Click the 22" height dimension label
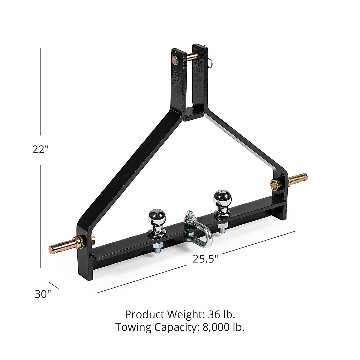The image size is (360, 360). pyautogui.click(x=41, y=149)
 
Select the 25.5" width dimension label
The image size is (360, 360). pyautogui.click(x=205, y=259)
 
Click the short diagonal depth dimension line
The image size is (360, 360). pyautogui.click(x=54, y=286)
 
